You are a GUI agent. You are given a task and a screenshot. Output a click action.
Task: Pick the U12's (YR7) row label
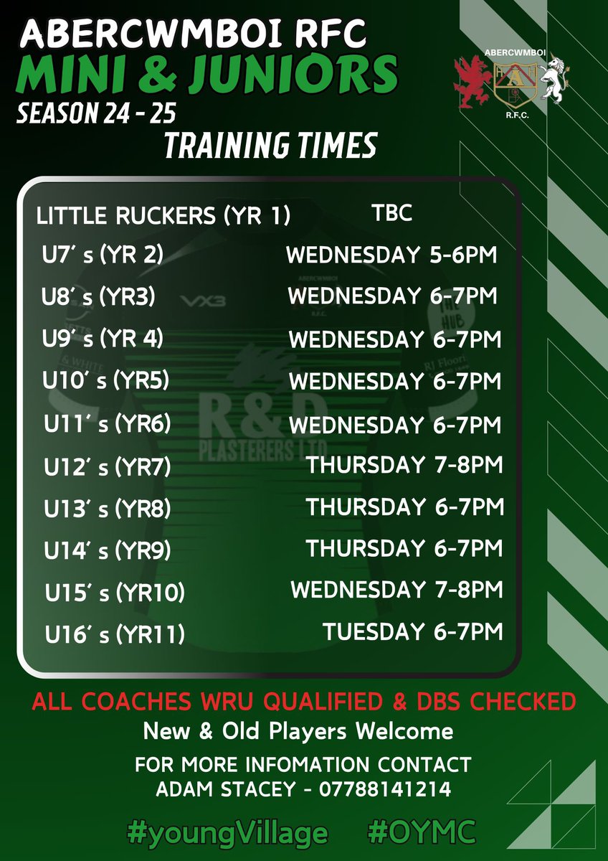click(107, 467)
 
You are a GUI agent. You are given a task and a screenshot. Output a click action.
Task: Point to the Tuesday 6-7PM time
click(412, 631)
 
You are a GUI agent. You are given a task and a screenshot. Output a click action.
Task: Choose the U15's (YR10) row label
click(115, 593)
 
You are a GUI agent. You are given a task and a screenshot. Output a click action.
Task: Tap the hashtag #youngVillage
click(227, 832)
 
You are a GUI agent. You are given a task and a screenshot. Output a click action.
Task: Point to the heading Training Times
click(270, 146)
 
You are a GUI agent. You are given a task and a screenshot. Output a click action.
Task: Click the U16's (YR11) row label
click(115, 634)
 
